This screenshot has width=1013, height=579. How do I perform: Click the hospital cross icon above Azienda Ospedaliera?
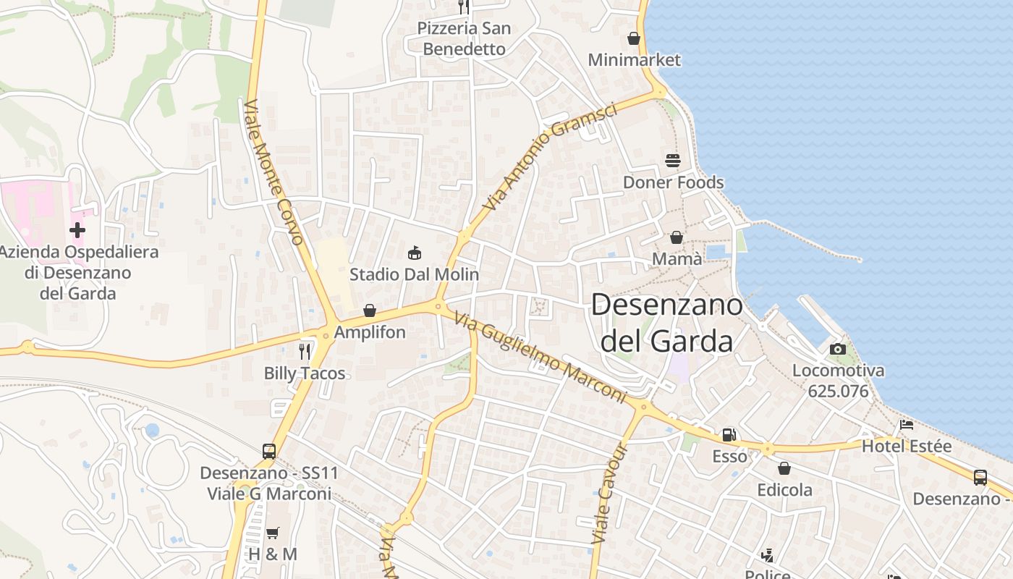(77, 230)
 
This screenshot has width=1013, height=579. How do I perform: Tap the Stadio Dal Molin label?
(414, 274)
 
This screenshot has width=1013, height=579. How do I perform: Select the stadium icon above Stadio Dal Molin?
(415, 253)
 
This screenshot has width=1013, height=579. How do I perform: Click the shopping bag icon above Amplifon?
(370, 310)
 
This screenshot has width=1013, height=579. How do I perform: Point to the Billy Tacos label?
(305, 373)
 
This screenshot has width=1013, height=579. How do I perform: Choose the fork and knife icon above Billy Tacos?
(305, 352)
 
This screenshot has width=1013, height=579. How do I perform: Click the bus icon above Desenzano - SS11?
(269, 451)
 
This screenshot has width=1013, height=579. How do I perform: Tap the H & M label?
(273, 554)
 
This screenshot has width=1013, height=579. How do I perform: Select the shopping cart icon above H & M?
(273, 533)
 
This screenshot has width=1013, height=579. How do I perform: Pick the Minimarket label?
(635, 59)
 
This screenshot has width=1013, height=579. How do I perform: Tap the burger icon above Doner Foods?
(673, 160)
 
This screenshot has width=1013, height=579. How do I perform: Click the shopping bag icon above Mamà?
(677, 237)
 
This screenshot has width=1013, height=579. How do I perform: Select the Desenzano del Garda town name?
(667, 323)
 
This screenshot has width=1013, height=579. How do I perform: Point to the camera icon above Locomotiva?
(838, 349)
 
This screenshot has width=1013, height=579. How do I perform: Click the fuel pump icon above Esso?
(729, 435)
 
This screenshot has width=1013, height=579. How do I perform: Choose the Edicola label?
(785, 490)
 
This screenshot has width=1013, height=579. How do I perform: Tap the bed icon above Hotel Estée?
(906, 425)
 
